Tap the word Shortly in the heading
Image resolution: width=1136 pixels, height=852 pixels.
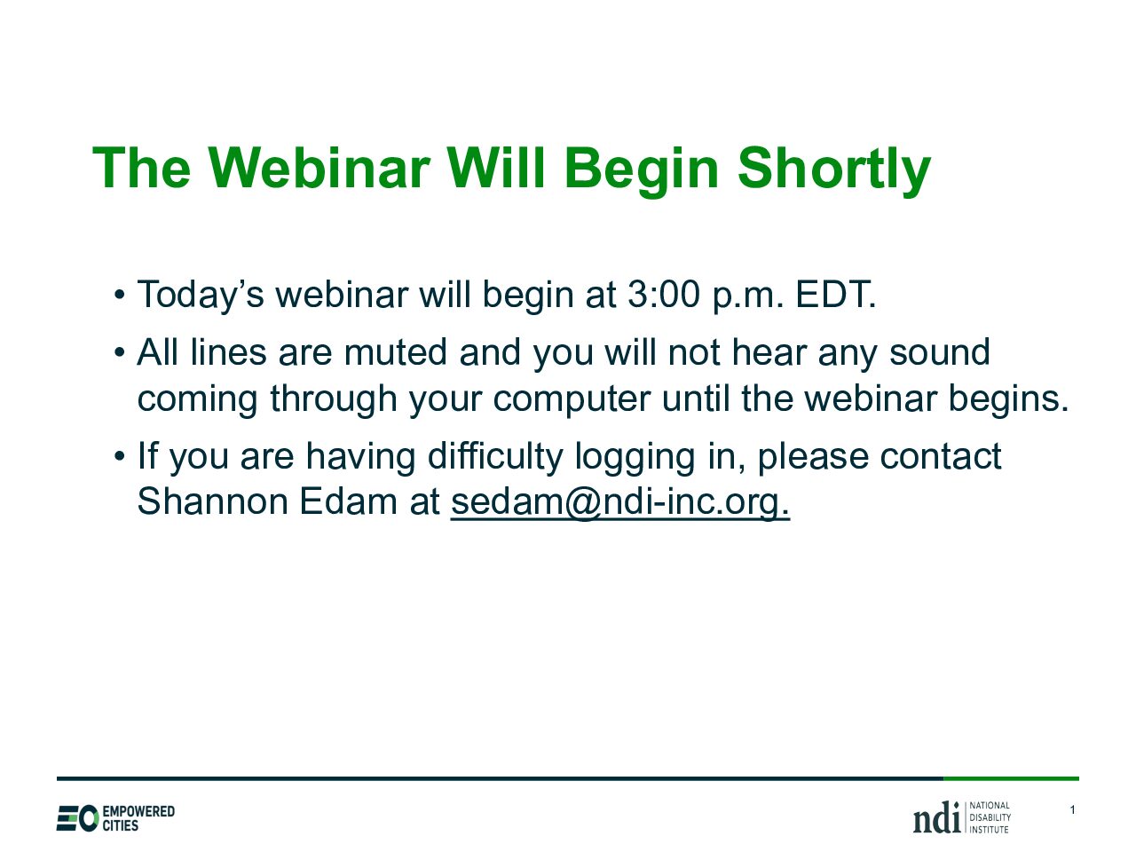click(x=833, y=171)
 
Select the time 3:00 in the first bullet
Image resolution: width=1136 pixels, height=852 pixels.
click(x=663, y=295)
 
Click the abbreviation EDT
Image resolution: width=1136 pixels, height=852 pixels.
click(x=835, y=295)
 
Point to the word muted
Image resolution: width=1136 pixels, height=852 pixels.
click(x=396, y=351)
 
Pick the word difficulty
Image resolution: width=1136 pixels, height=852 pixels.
click(x=495, y=457)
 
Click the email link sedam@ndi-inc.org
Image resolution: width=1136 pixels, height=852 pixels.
click(x=620, y=502)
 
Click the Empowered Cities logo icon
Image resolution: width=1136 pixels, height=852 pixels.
click(x=77, y=818)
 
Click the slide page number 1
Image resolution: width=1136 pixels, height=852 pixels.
click(x=1072, y=809)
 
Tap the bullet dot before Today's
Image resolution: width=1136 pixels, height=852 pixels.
click(x=120, y=296)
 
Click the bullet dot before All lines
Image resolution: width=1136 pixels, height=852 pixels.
click(x=120, y=353)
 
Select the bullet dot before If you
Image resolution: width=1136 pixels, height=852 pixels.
click(x=120, y=457)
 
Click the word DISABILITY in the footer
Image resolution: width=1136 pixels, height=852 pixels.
click(x=990, y=818)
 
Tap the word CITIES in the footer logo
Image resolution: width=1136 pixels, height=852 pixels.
click(x=121, y=825)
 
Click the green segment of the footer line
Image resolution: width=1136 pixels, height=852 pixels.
click(x=1011, y=778)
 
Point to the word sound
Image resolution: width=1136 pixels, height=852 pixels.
click(x=940, y=351)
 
